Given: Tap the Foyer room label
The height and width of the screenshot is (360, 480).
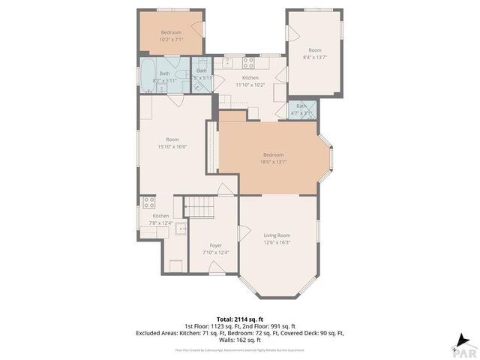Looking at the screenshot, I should pyautogui.click(x=216, y=244).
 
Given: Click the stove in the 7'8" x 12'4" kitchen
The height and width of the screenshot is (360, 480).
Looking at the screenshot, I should pyautogui.click(x=148, y=202).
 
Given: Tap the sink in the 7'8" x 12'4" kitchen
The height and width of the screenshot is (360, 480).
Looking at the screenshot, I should pyautogui.click(x=181, y=229).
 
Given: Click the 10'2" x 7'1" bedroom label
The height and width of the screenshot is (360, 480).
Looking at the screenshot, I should pyautogui.click(x=171, y=35).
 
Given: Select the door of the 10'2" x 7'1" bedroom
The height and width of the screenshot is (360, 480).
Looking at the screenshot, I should pyautogui.click(x=196, y=29).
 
